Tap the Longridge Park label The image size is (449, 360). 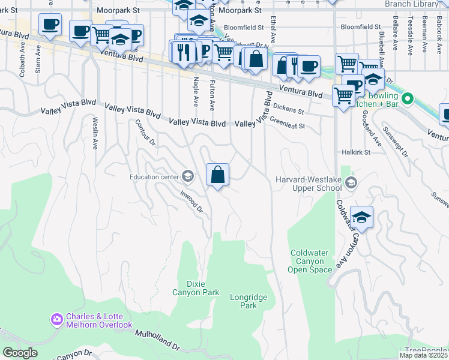[x=243, y=301]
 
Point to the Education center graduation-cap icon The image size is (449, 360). [x=188, y=176]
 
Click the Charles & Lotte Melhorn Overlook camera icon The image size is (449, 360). [x=57, y=319]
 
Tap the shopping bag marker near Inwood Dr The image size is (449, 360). [x=217, y=175]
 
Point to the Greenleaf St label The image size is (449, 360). [x=288, y=123]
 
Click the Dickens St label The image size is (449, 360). [x=289, y=109]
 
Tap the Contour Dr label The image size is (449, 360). [x=145, y=133]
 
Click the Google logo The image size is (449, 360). [x=20, y=352]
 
